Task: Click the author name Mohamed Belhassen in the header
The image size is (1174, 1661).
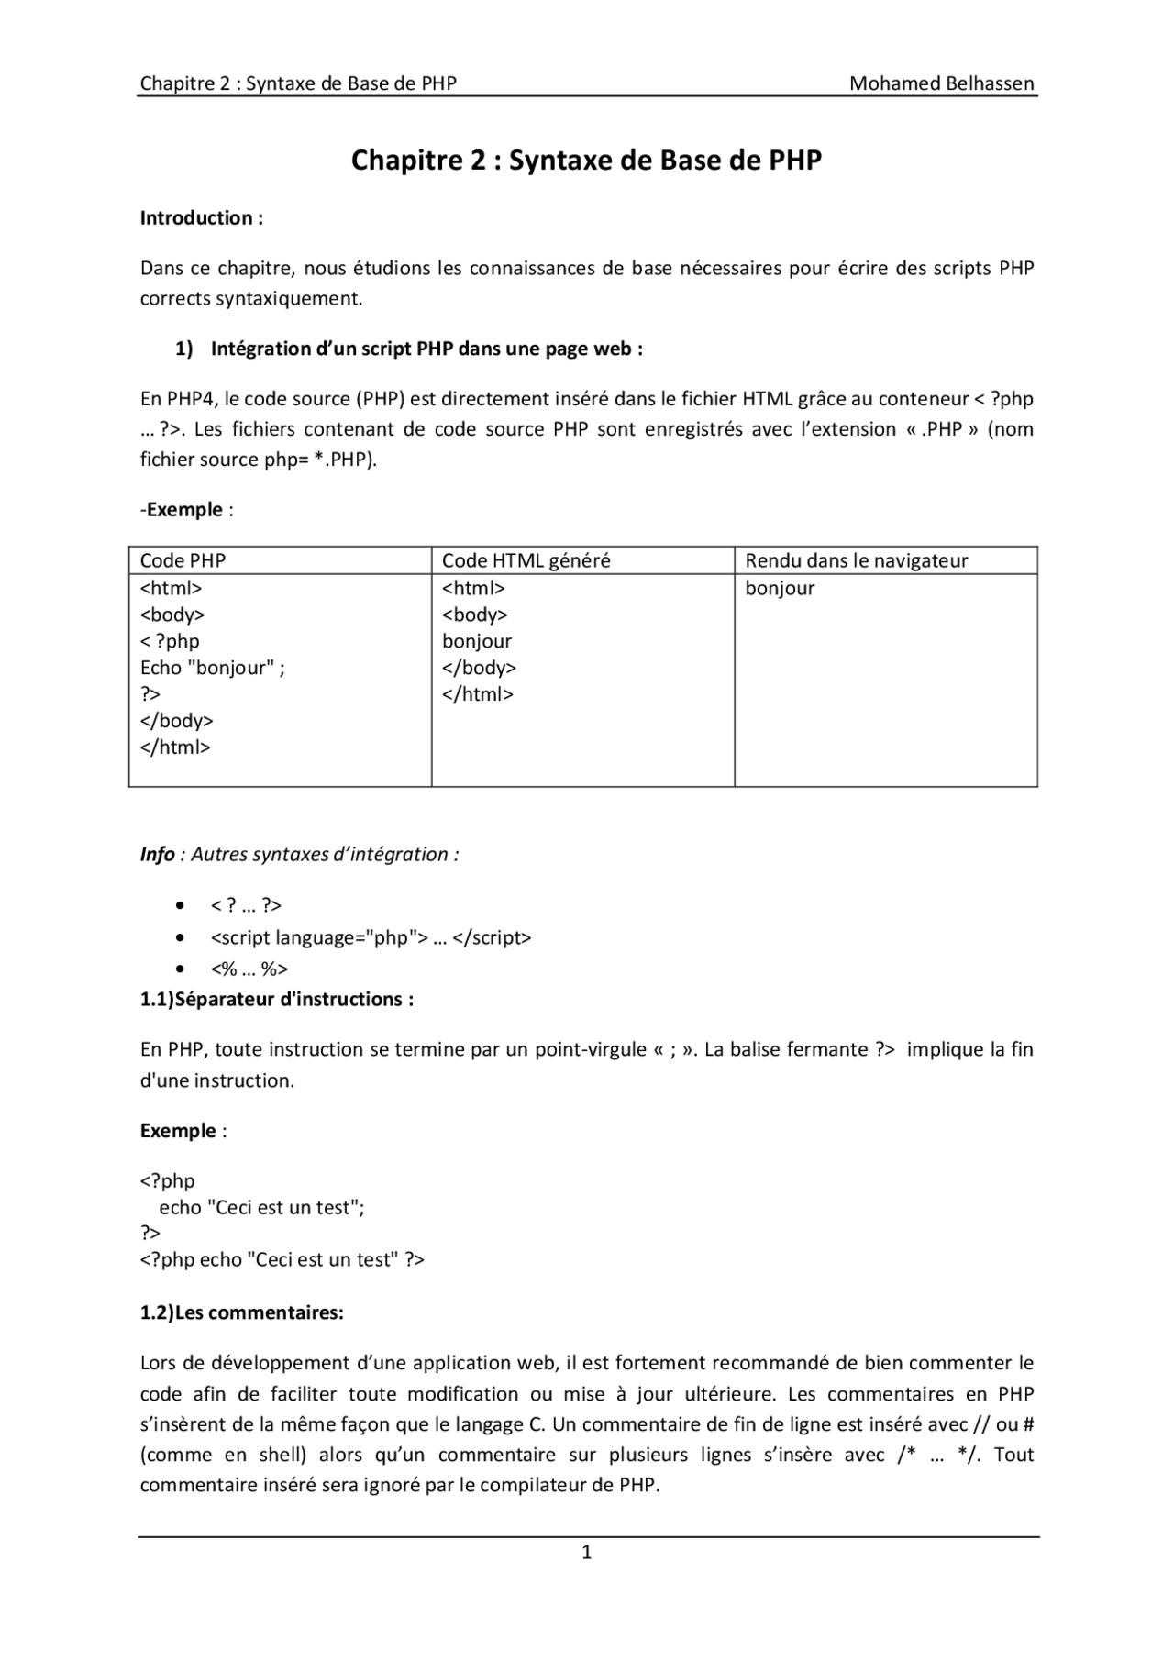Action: [x=941, y=83]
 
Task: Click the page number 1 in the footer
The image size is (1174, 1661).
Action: [x=587, y=1552]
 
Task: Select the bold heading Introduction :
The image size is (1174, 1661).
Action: [x=202, y=218]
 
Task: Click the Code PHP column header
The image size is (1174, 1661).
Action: [x=183, y=560]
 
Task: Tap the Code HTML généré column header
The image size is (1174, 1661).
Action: [x=526, y=560]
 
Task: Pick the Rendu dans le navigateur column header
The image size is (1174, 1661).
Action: [x=856, y=560]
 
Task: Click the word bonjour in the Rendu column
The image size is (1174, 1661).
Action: [x=780, y=588]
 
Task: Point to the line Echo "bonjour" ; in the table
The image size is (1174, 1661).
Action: [x=212, y=668]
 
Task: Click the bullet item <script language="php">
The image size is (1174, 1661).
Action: [x=371, y=937]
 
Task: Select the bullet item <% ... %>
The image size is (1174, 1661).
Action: [x=249, y=969]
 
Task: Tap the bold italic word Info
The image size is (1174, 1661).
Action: [x=157, y=854]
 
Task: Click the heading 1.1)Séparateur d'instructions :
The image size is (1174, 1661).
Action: [x=276, y=999]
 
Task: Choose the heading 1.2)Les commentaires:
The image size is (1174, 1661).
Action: [x=241, y=1312]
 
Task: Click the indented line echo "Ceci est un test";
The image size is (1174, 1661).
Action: [x=261, y=1207]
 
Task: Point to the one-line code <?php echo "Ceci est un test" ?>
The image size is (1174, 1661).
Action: [x=282, y=1259]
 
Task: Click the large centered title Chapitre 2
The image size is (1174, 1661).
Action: [x=586, y=161]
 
